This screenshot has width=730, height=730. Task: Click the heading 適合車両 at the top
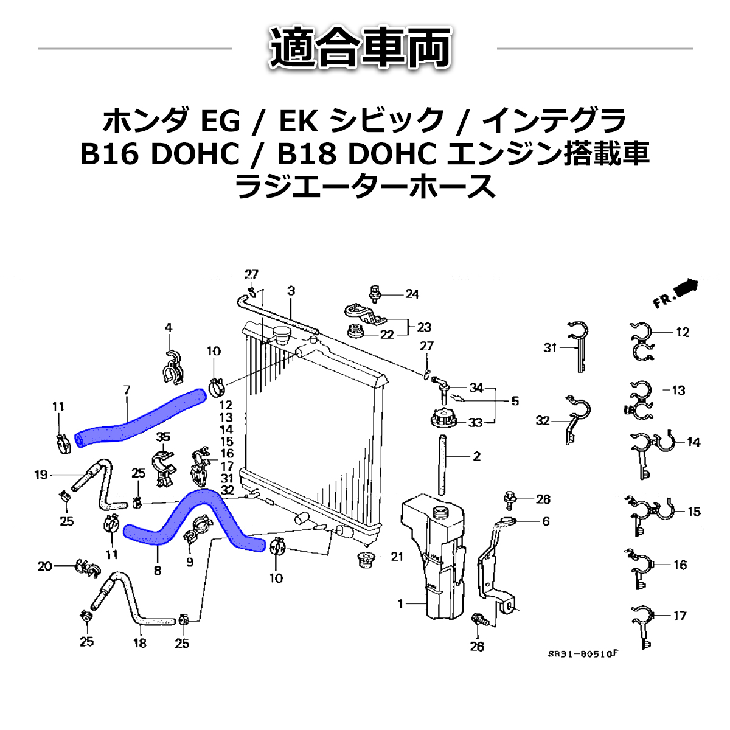(x=361, y=47)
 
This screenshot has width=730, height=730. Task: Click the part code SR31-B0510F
(x=582, y=654)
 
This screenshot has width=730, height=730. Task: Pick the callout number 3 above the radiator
(x=291, y=291)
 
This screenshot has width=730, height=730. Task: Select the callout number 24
(x=412, y=294)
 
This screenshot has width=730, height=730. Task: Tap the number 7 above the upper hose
(x=127, y=390)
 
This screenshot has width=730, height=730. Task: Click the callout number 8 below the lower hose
(x=158, y=571)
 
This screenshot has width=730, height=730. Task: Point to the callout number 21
(x=397, y=556)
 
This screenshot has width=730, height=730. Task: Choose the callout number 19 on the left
(x=41, y=474)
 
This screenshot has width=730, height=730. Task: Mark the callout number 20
(x=44, y=566)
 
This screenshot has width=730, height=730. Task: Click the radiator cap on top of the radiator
(x=282, y=335)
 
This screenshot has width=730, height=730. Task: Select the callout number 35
(x=162, y=437)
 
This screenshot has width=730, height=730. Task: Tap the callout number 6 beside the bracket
(x=546, y=521)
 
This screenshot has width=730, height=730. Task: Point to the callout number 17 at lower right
(x=680, y=616)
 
